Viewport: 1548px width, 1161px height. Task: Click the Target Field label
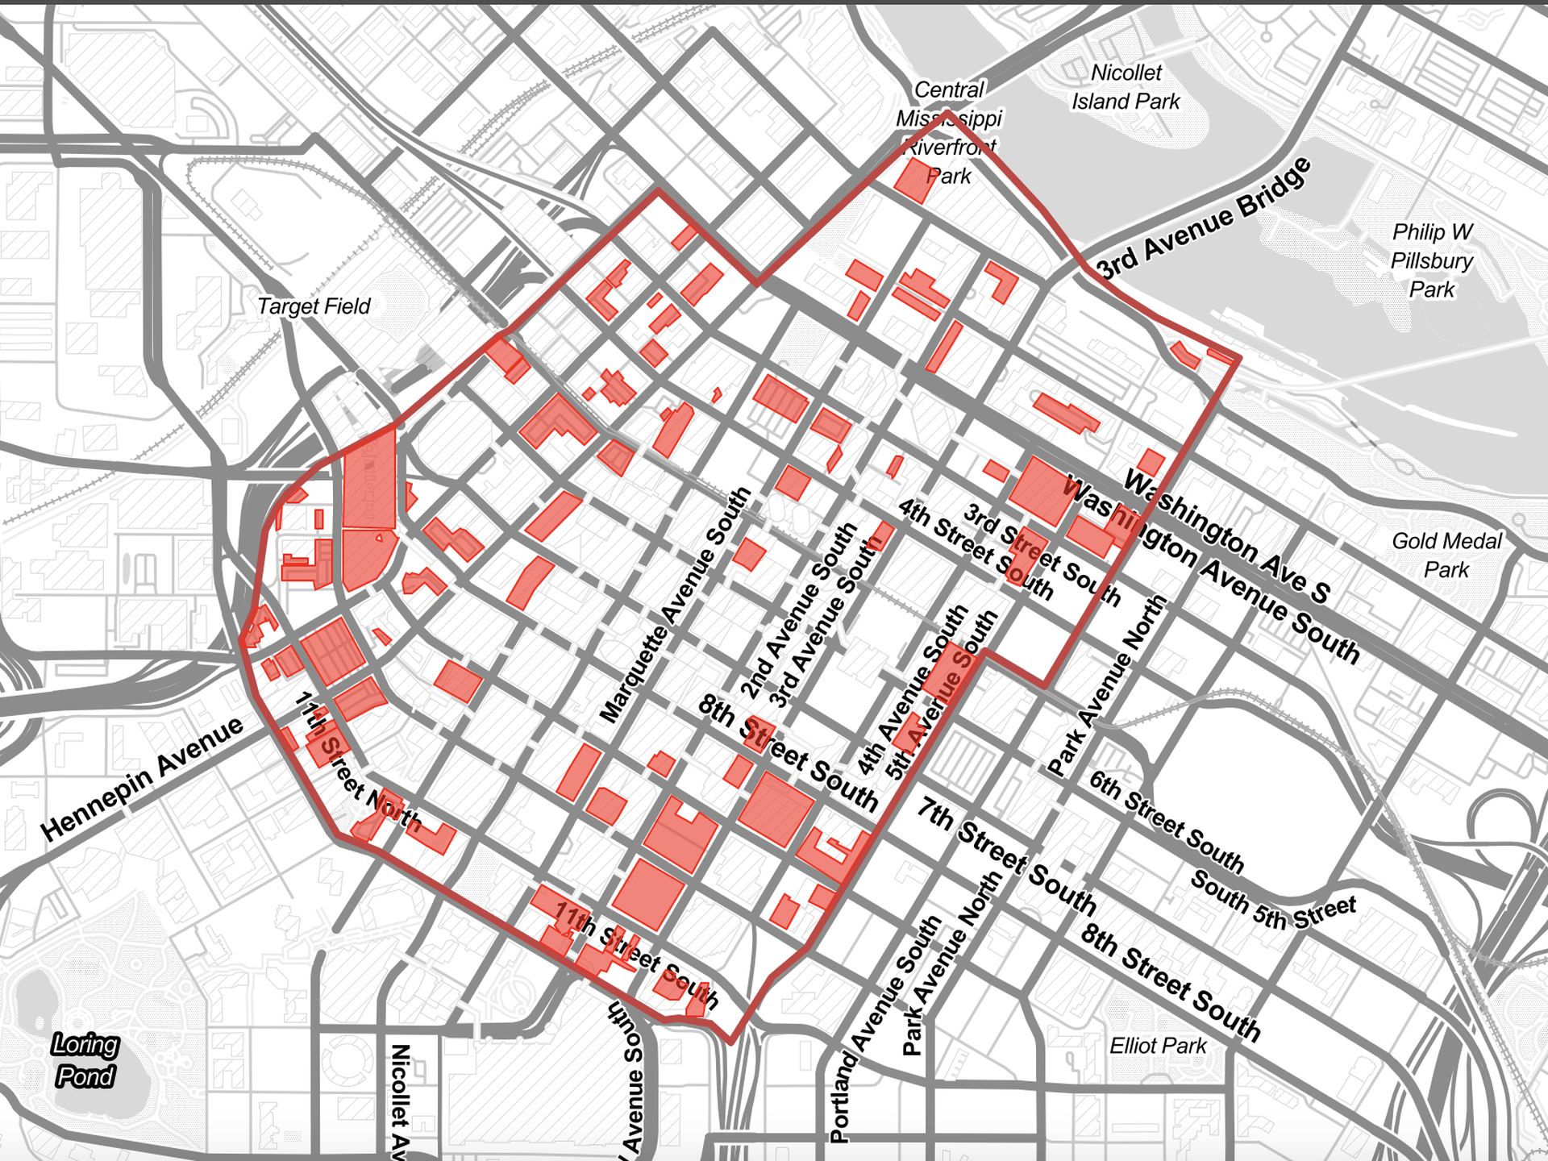click(x=314, y=306)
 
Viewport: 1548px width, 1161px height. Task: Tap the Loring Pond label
click(x=85, y=1060)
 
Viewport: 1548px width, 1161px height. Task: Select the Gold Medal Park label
click(x=1446, y=555)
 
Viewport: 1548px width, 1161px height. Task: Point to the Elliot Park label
click(x=1158, y=1046)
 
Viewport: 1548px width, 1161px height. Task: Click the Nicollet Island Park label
click(x=1126, y=87)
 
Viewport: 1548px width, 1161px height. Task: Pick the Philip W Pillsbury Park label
click(x=1432, y=260)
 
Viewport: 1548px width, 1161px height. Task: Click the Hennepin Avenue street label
click(x=142, y=779)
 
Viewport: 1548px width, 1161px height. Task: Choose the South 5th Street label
click(x=1273, y=901)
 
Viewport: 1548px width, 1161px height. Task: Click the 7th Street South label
click(x=1006, y=856)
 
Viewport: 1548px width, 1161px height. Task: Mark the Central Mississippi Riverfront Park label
click(x=949, y=133)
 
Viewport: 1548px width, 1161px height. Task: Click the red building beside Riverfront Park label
click(x=913, y=180)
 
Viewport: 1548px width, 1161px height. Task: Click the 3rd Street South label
click(x=1042, y=555)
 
